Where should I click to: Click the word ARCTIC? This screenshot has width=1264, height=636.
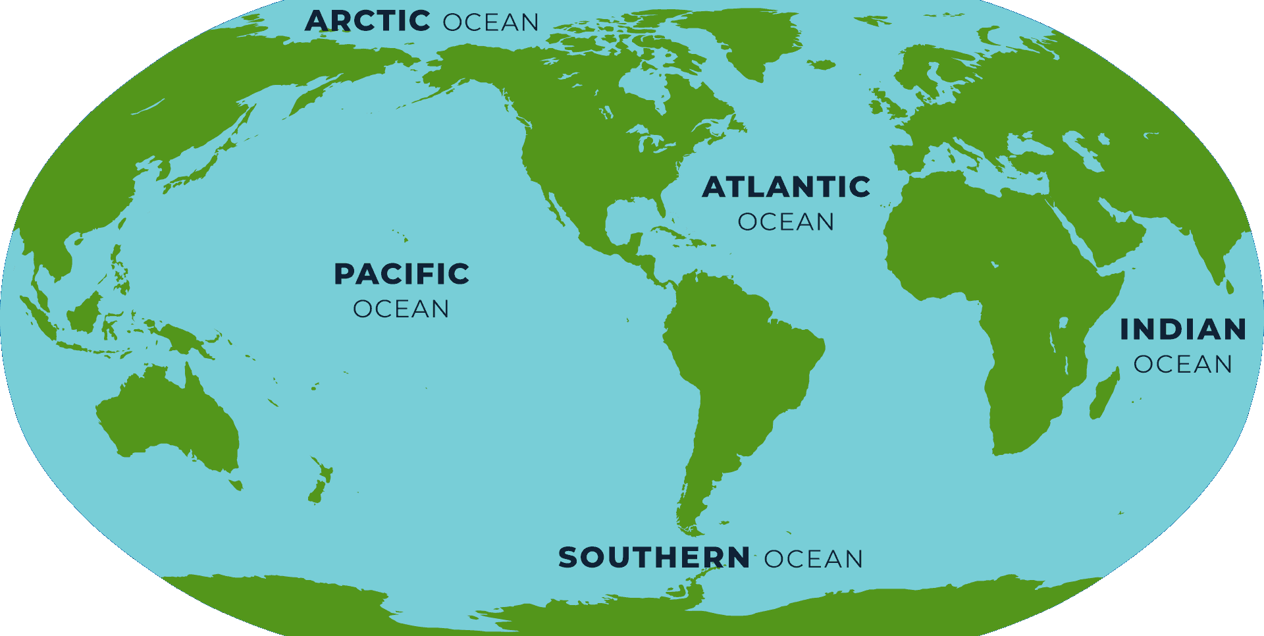(367, 21)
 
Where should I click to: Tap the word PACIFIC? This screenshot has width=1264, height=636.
(402, 274)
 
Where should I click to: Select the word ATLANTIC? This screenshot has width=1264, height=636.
(786, 187)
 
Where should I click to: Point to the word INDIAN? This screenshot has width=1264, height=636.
(1183, 329)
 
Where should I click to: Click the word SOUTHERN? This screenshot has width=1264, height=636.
(654, 558)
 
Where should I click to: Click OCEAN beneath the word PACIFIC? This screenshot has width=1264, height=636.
(401, 309)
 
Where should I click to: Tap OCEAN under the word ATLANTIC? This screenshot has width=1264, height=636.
(786, 222)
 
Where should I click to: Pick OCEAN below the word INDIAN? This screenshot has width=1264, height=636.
(1183, 364)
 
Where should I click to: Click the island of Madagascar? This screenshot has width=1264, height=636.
(1105, 395)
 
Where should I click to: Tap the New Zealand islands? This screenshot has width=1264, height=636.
(320, 484)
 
